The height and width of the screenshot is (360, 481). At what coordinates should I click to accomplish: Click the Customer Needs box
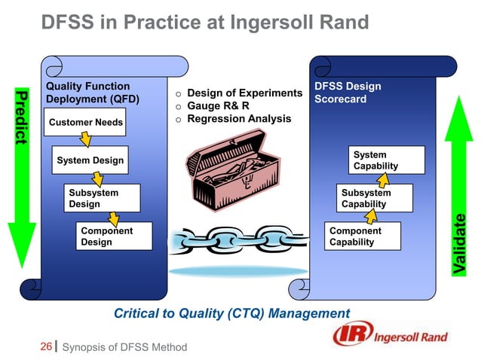point(85,123)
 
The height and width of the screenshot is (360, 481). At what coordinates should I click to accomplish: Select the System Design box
point(90,160)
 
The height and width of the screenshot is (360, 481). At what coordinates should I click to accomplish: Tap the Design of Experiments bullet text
point(244,93)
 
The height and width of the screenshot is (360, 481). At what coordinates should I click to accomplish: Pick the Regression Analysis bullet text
point(238,119)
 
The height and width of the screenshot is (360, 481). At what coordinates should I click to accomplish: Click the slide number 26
point(45,346)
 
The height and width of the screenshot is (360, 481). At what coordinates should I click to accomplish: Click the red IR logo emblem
point(350,336)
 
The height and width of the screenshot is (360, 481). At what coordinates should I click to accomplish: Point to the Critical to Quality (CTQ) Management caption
point(231,313)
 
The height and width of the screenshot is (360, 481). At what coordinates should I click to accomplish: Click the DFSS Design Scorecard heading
point(348,93)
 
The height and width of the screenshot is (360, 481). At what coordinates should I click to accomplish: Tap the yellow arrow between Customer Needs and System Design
point(86,140)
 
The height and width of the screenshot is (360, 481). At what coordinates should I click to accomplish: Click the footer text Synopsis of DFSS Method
point(124,347)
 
